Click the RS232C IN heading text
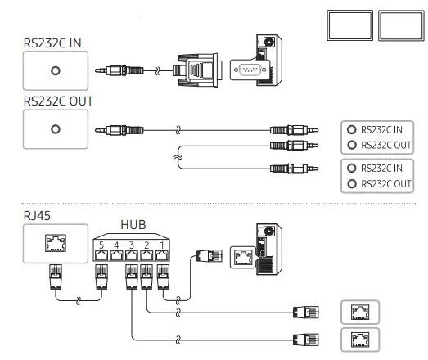(52, 43)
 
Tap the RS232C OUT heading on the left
(58, 101)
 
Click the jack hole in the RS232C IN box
(56, 70)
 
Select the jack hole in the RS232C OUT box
(56, 129)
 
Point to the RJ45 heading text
(37, 216)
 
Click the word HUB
(133, 225)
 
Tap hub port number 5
(101, 255)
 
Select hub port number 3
(132, 255)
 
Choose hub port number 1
(162, 255)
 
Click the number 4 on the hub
(116, 245)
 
